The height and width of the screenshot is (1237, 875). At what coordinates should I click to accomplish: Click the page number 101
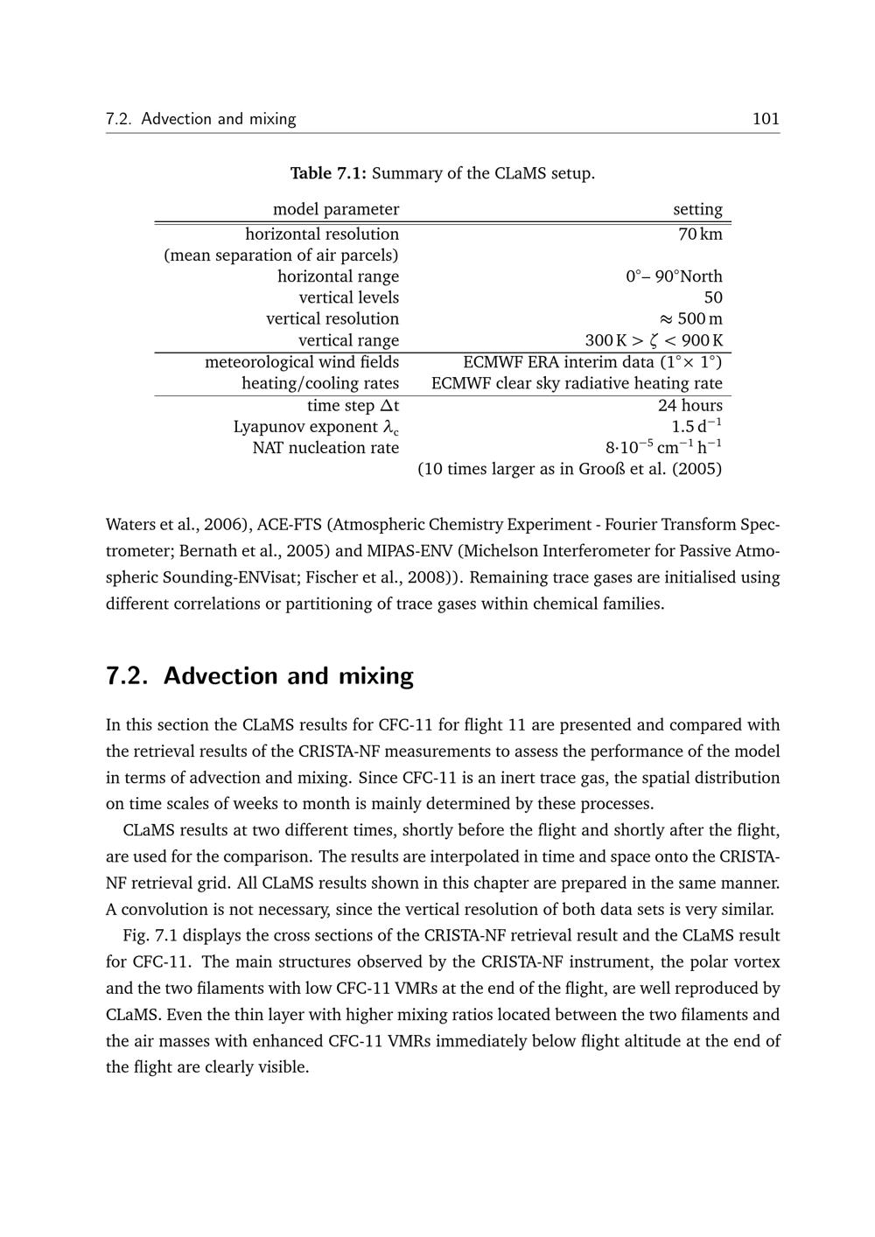click(x=765, y=119)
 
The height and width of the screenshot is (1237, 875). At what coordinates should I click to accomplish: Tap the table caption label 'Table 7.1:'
click(x=329, y=173)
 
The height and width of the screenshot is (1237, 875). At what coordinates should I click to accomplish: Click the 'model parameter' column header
click(x=335, y=209)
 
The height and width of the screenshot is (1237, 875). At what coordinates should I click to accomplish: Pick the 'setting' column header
click(x=697, y=209)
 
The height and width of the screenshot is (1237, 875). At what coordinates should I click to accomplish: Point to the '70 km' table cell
click(x=700, y=234)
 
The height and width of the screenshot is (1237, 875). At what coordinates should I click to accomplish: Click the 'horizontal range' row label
click(x=338, y=276)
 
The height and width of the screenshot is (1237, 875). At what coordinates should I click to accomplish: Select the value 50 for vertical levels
click(x=712, y=297)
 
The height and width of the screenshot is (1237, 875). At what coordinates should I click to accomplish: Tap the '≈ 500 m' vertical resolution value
click(x=689, y=319)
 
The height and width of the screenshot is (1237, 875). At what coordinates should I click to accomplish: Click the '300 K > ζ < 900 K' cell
click(x=654, y=340)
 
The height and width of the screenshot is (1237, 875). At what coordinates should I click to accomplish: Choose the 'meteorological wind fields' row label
click(x=301, y=362)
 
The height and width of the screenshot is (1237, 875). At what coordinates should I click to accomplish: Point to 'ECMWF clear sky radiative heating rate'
click(x=577, y=383)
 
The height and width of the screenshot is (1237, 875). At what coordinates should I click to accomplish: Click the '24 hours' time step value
click(x=689, y=405)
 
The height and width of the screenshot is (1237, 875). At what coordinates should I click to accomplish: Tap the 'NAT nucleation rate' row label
click(x=325, y=448)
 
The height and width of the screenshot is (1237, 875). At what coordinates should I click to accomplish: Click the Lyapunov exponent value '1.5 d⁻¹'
click(x=696, y=427)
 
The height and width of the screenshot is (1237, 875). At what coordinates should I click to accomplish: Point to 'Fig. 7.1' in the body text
click(x=145, y=936)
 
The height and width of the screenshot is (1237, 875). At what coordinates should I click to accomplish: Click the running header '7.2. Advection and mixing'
click(x=200, y=119)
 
